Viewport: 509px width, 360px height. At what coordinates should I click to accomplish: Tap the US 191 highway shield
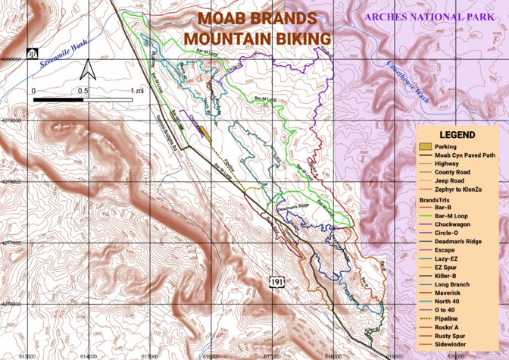pos(278,282)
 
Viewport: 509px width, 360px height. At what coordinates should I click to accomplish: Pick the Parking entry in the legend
pos(447,146)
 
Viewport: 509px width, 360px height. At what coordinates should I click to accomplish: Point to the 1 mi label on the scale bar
pos(137,92)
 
